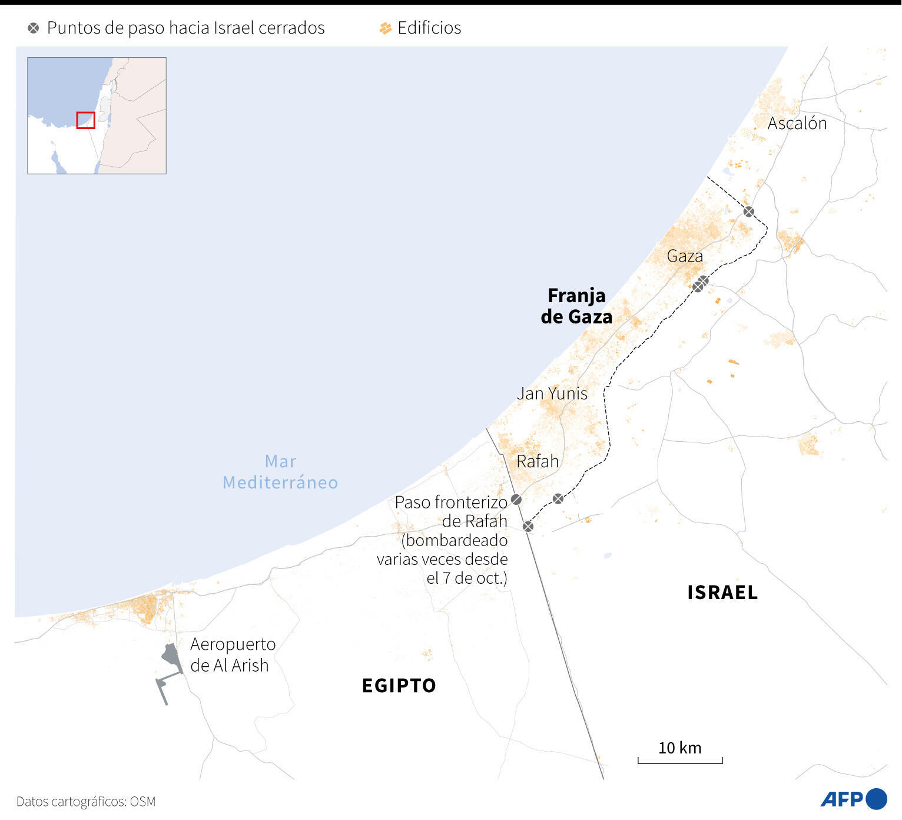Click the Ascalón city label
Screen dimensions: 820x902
pos(797,123)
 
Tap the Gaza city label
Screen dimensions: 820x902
pos(684,256)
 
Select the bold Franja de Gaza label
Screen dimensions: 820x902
pos(576,306)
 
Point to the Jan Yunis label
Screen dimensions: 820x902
pos(552,394)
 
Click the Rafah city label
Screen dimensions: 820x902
pos(537,461)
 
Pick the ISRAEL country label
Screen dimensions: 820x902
pos(722,593)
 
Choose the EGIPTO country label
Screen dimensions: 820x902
pos(399,686)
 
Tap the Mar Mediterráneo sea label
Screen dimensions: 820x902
pos(280,472)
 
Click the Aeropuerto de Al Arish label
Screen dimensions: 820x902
pos(233,654)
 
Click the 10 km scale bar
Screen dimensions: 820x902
pos(679,760)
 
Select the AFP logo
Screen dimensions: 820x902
pos(853,799)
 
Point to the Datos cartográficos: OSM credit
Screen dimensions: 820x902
pos(86,801)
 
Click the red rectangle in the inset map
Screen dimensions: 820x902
pos(85,120)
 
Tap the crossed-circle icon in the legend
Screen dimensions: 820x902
pos(34,28)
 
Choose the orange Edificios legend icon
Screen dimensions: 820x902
pos(386,28)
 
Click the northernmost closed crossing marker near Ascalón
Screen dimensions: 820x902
pos(748,211)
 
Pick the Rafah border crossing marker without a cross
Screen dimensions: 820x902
pos(516,500)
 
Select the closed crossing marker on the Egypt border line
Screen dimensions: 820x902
pos(528,526)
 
